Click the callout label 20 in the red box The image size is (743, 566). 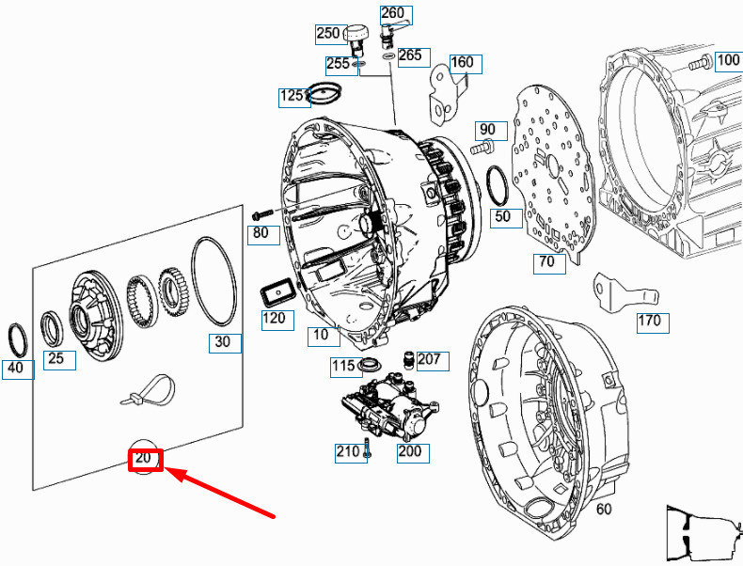(146, 460)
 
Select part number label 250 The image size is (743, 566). (327, 34)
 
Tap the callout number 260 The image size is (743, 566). (392, 13)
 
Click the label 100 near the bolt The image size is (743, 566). (728, 61)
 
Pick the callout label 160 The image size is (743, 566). (462, 64)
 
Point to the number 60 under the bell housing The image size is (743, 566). (604, 510)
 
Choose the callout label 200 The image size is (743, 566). (410, 451)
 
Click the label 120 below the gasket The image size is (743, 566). (273, 319)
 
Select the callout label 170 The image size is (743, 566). (649, 322)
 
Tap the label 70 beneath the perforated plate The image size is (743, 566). (546, 262)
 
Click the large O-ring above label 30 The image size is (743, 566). (213, 282)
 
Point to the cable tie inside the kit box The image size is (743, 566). (146, 391)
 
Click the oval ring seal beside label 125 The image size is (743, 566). (324, 93)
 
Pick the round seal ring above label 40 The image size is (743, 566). (18, 336)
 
